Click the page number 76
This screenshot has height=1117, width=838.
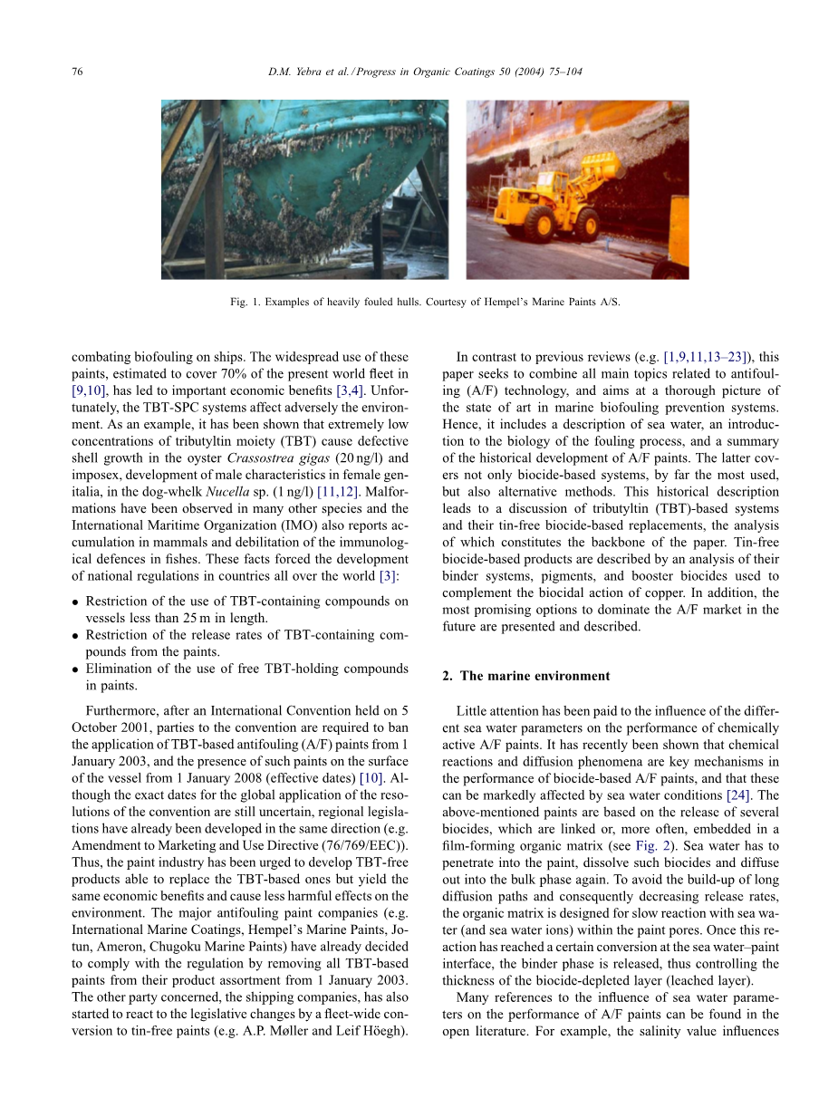77,72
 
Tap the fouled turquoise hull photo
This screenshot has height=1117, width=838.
304,188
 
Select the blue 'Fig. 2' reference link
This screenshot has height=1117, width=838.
737,830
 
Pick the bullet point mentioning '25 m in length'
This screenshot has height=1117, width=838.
246,609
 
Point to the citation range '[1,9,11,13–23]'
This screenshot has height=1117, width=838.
714,357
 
